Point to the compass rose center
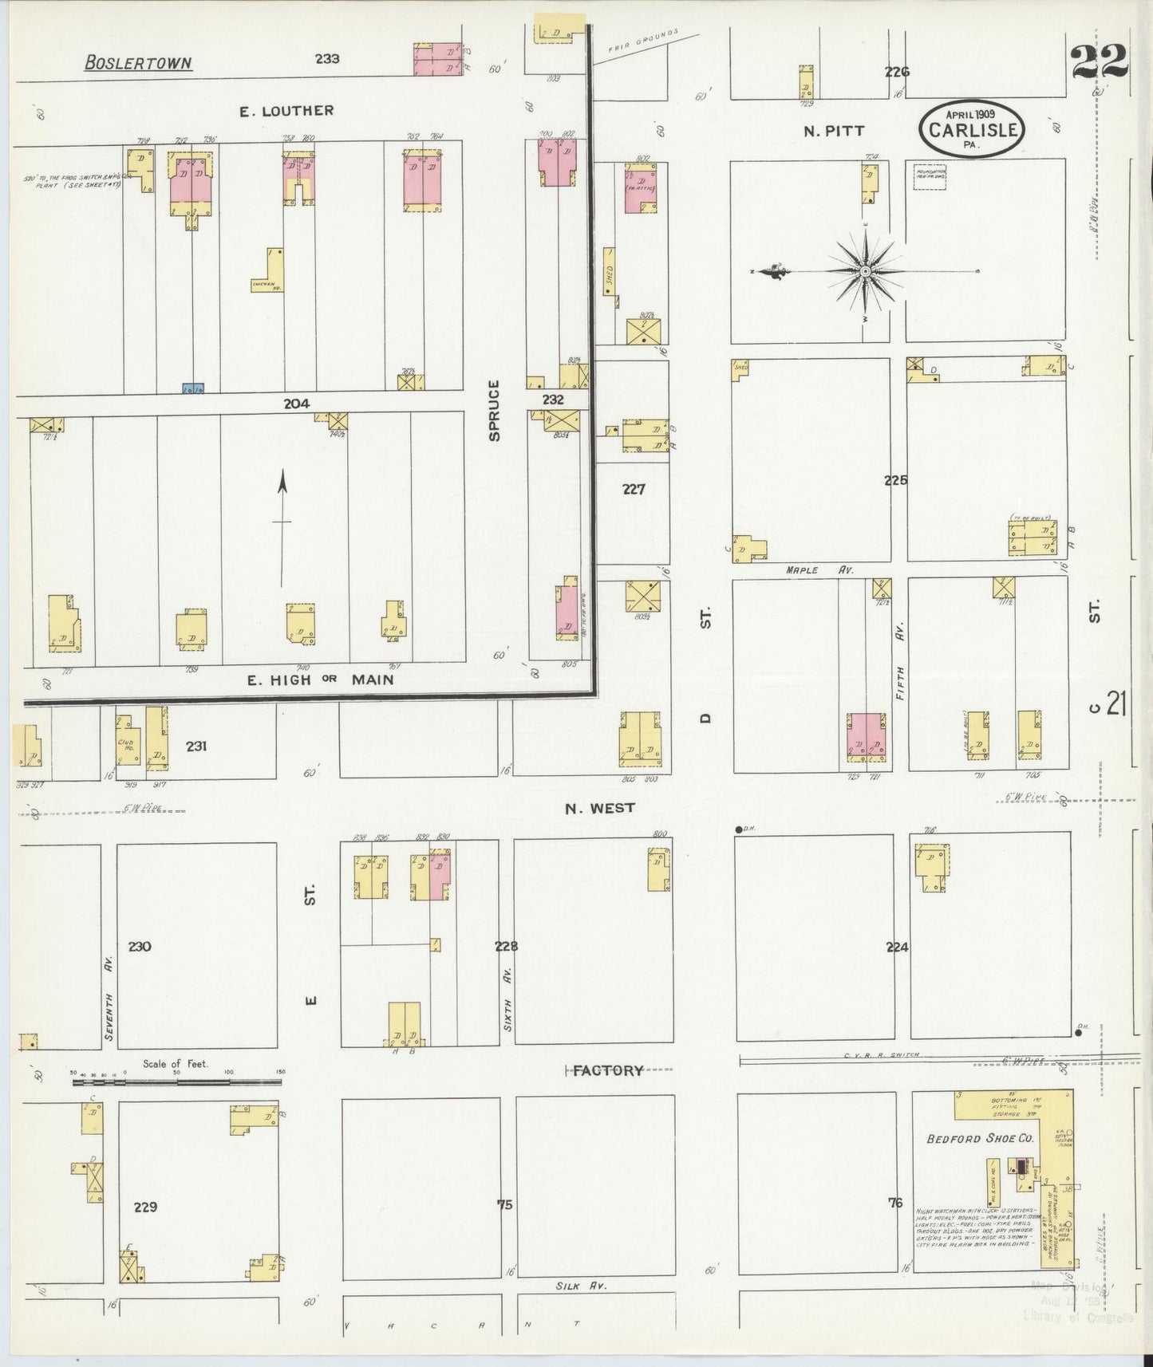pos(865,272)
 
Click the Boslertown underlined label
pos(138,62)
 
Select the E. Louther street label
pos(286,111)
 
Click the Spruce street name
pos(494,410)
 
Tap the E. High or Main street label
pos(320,680)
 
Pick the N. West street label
pos(600,808)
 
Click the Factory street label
pos(608,1070)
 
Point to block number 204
pos(296,404)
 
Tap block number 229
pos(145,1207)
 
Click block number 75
pos(504,1204)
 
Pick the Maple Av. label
pos(819,569)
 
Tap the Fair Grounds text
pos(643,41)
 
